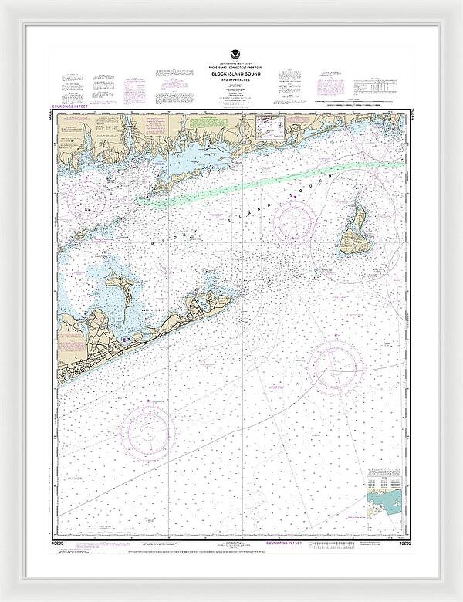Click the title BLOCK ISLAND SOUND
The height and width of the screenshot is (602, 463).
coord(232,74)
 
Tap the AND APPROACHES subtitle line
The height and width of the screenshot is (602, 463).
coord(232,80)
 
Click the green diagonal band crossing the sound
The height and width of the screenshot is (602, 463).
coord(270,182)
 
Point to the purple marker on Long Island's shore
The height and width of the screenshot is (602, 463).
coord(122,339)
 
